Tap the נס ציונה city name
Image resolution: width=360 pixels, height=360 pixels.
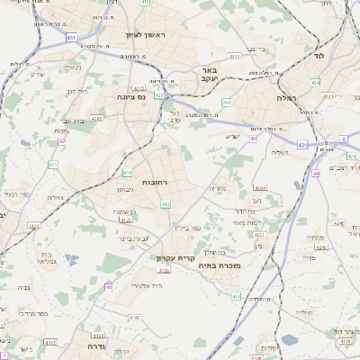[x=131, y=96]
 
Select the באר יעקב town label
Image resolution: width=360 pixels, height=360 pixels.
[x=208, y=75]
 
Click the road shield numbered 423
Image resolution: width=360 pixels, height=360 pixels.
[x=159, y=94]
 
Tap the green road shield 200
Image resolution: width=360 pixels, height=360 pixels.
[x=227, y=103]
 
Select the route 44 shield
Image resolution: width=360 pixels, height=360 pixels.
[x=316, y=173]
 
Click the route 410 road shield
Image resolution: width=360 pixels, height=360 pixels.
[x=128, y=173]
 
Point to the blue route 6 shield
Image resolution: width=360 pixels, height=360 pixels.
[x=344, y=139]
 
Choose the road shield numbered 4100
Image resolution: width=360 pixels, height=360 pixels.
[x=108, y=318]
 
